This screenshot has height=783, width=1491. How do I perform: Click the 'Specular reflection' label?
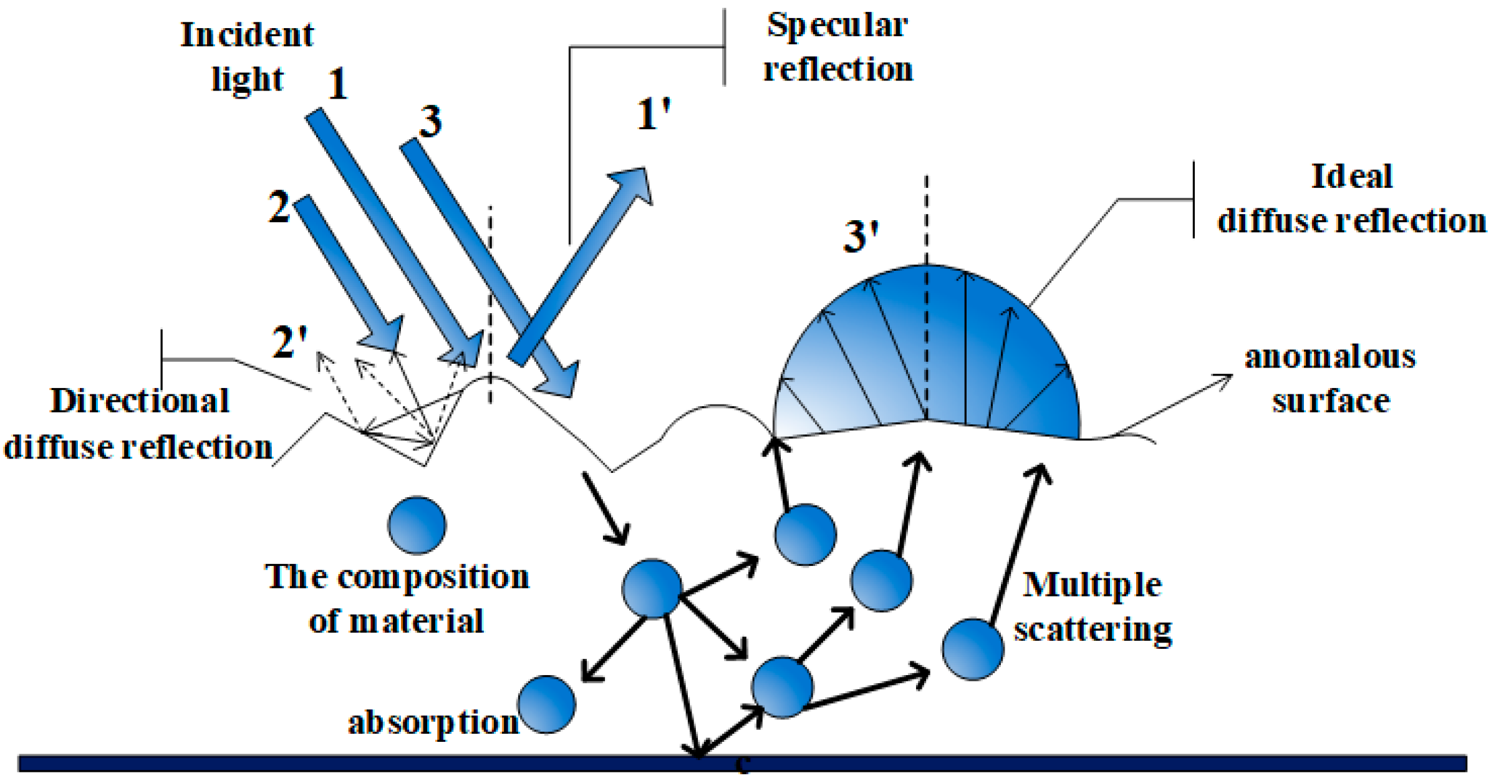tap(837, 47)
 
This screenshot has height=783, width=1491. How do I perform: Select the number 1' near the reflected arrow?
tap(652, 115)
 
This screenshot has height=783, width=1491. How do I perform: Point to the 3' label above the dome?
tap(861, 237)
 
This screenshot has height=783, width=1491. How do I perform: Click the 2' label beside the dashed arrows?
tap(289, 343)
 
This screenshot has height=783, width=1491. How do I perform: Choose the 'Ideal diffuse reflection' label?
tap(1351, 198)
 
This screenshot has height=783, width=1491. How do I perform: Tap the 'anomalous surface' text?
tap(1330, 379)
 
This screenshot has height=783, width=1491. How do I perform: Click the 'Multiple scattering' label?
tap(1093, 606)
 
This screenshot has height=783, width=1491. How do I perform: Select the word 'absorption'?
tap(433, 722)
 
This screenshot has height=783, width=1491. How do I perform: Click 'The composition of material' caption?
tap(397, 598)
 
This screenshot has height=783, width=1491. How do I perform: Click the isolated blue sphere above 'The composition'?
tap(417, 525)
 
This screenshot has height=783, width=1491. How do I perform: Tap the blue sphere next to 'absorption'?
tap(546, 704)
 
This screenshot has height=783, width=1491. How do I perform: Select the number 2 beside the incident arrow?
tap(279, 207)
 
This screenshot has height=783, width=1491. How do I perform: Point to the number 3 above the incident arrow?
tap(430, 121)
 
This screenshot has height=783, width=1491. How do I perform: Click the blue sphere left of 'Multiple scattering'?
tap(972, 649)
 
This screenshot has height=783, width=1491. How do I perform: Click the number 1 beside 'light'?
tap(337, 84)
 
